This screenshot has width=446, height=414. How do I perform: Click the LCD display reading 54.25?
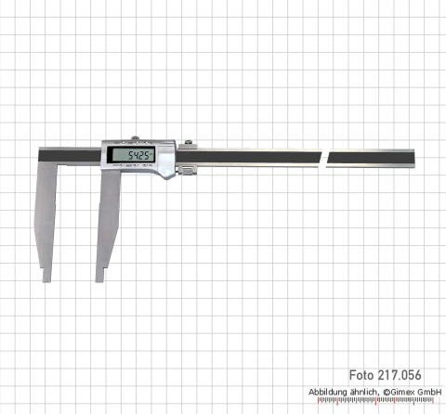129,156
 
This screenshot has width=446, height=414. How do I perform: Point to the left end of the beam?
41,156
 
